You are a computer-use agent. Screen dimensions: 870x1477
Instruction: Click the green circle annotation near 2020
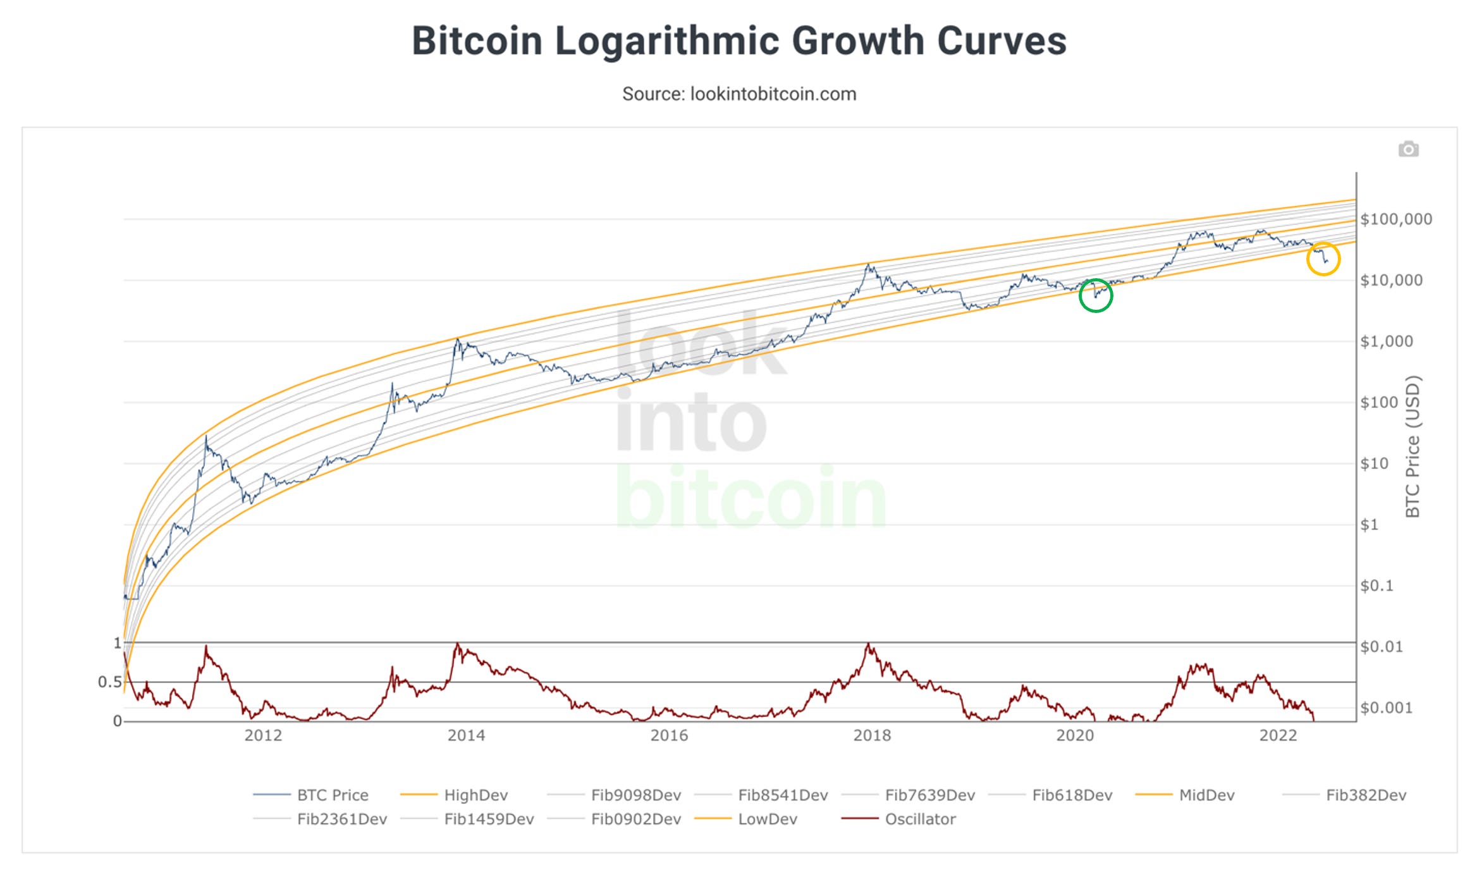coord(1095,295)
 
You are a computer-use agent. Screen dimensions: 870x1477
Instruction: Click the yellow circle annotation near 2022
coord(1323,259)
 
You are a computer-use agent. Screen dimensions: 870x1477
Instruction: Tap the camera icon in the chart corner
coord(1408,149)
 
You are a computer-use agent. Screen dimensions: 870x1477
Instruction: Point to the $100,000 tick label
coord(1396,219)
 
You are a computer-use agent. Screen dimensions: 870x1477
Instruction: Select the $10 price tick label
coord(1374,463)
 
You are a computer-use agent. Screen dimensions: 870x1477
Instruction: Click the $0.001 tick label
coord(1386,708)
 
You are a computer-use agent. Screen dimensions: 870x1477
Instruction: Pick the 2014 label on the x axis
coord(466,735)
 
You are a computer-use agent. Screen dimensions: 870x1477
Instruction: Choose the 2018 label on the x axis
coord(872,735)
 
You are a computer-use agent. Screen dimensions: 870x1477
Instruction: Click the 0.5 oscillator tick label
coord(109,682)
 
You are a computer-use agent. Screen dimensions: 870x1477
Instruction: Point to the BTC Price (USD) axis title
coord(1413,446)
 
